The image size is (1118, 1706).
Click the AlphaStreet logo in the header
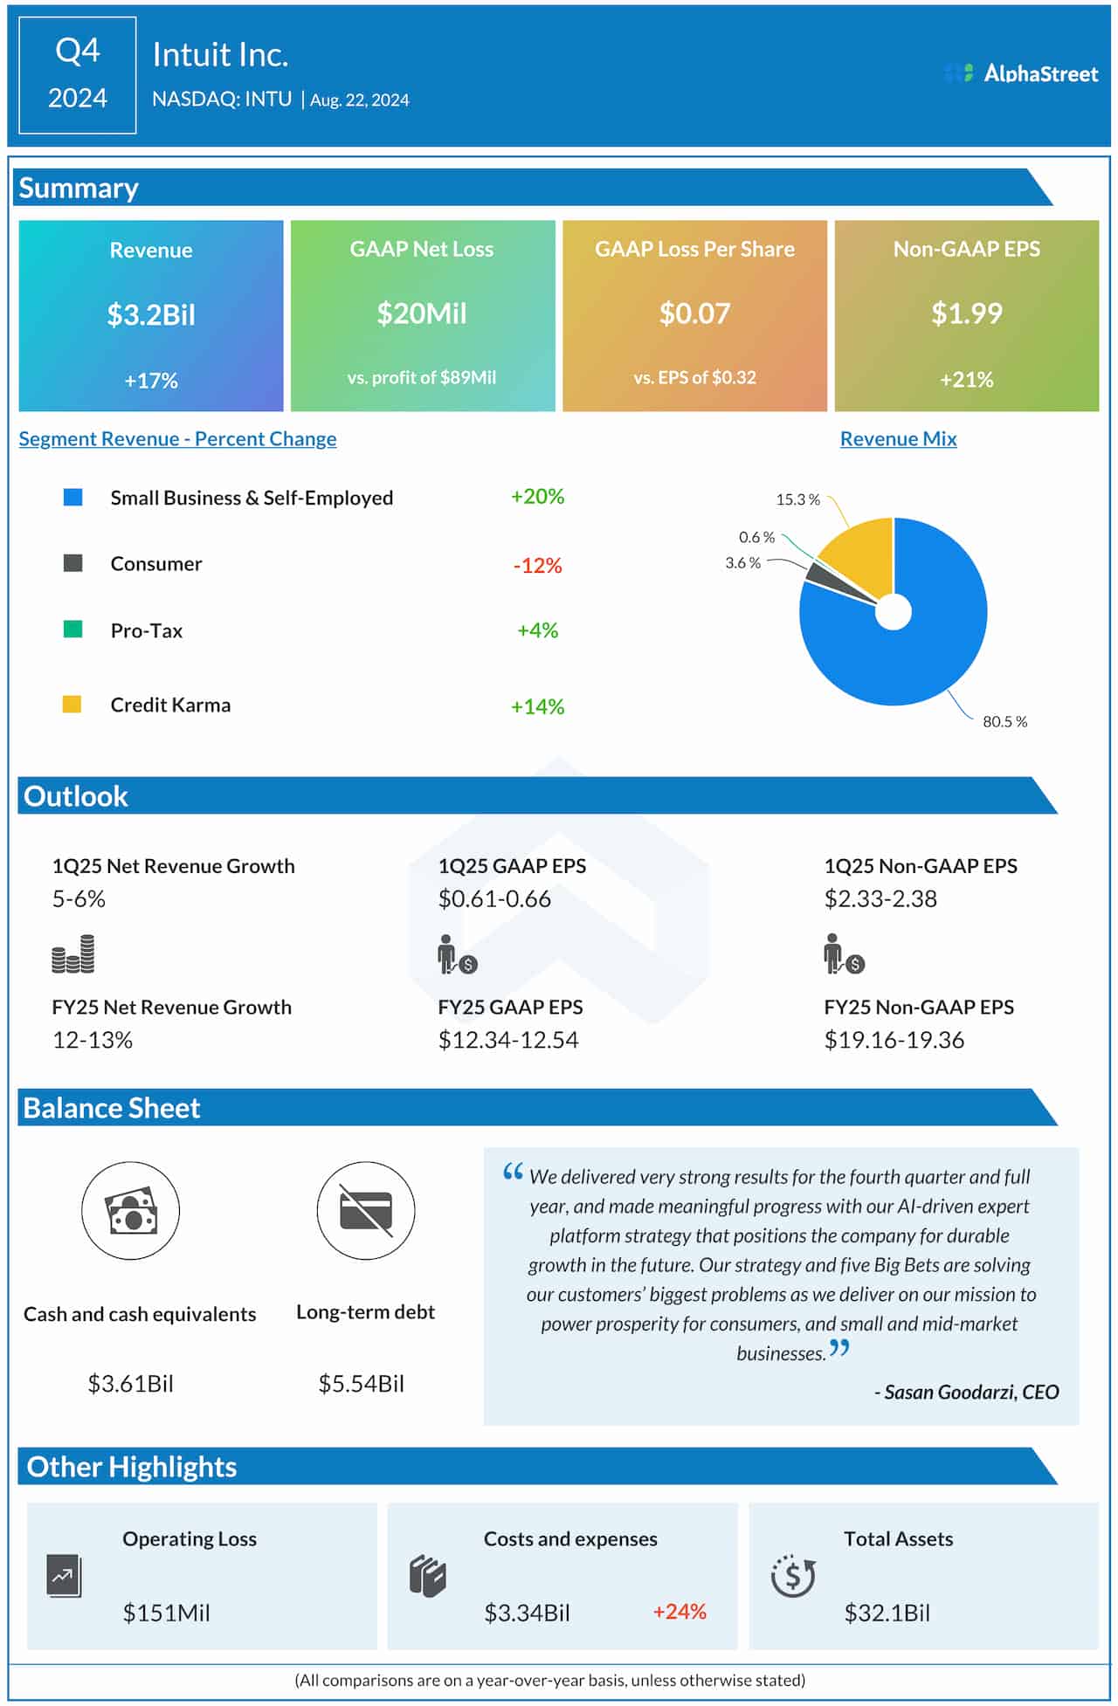click(1021, 73)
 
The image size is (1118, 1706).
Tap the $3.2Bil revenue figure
click(151, 314)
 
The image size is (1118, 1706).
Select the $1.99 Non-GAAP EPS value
click(966, 313)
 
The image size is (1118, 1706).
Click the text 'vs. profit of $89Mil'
click(422, 377)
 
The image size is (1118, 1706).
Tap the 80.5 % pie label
click(1004, 721)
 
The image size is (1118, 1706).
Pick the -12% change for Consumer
click(537, 565)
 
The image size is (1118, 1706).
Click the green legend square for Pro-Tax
click(73, 629)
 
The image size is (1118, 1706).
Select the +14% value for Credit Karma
click(537, 706)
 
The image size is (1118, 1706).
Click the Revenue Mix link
click(898, 438)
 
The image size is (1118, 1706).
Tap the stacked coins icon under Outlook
click(73, 954)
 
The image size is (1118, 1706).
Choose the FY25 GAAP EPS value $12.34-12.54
click(508, 1040)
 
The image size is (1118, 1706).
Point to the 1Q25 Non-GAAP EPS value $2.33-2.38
click(880, 898)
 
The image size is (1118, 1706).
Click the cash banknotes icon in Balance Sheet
click(131, 1210)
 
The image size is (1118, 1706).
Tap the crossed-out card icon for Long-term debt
click(366, 1210)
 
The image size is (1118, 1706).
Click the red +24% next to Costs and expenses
click(680, 1611)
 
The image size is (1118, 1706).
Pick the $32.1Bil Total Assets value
click(887, 1613)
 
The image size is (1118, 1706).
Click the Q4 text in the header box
click(78, 52)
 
